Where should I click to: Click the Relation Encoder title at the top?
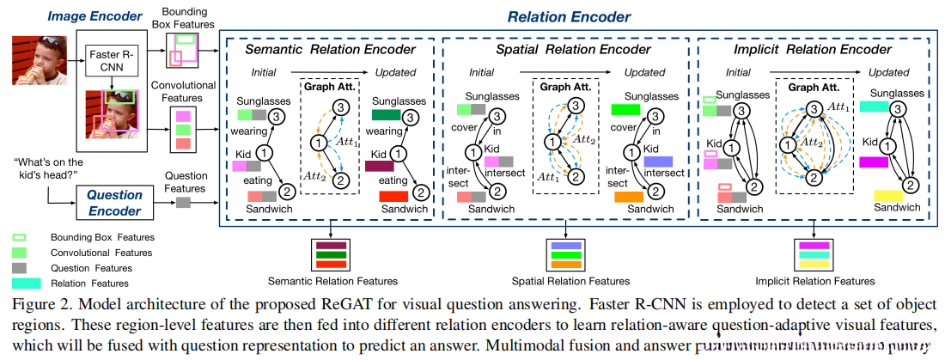pyautogui.click(x=569, y=16)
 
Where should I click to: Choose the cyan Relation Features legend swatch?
pyautogui.click(x=25, y=283)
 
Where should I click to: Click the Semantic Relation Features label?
pyautogui.click(x=332, y=281)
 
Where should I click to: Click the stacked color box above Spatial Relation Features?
pyautogui.click(x=566, y=255)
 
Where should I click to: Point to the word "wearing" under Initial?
pyautogui.click(x=247, y=131)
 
